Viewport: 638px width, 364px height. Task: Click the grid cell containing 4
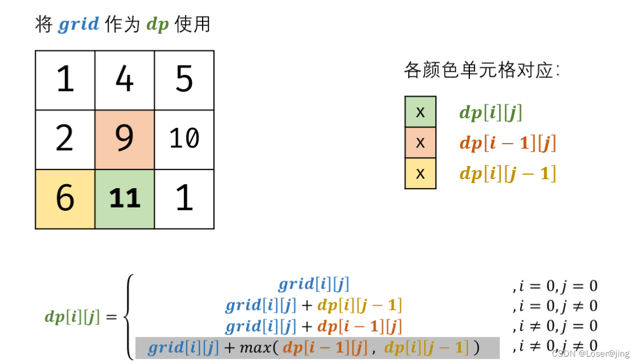click(x=125, y=80)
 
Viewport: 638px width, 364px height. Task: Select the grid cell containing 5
click(x=184, y=80)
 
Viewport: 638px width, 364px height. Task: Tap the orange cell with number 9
click(x=125, y=140)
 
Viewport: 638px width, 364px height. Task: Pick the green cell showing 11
click(x=125, y=199)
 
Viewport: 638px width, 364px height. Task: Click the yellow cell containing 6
click(x=65, y=199)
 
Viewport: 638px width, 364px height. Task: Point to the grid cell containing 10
click(x=184, y=140)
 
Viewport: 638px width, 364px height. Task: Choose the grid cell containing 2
click(x=65, y=140)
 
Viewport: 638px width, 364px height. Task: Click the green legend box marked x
click(x=420, y=112)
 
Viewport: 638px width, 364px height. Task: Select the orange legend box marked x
click(x=420, y=142)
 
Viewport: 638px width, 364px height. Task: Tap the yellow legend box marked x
click(x=420, y=173)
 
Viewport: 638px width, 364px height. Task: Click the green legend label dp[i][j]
click(x=490, y=113)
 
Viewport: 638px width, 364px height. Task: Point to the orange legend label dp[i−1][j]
click(x=507, y=144)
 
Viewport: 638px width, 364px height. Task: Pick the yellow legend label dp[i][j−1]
click(x=507, y=174)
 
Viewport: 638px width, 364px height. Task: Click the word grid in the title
click(x=78, y=25)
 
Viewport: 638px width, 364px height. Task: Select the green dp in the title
click(x=157, y=25)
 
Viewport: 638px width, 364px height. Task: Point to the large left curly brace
click(x=128, y=317)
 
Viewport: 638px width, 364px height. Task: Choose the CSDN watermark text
click(x=590, y=354)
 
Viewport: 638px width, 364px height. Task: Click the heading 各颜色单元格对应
click(x=482, y=71)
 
